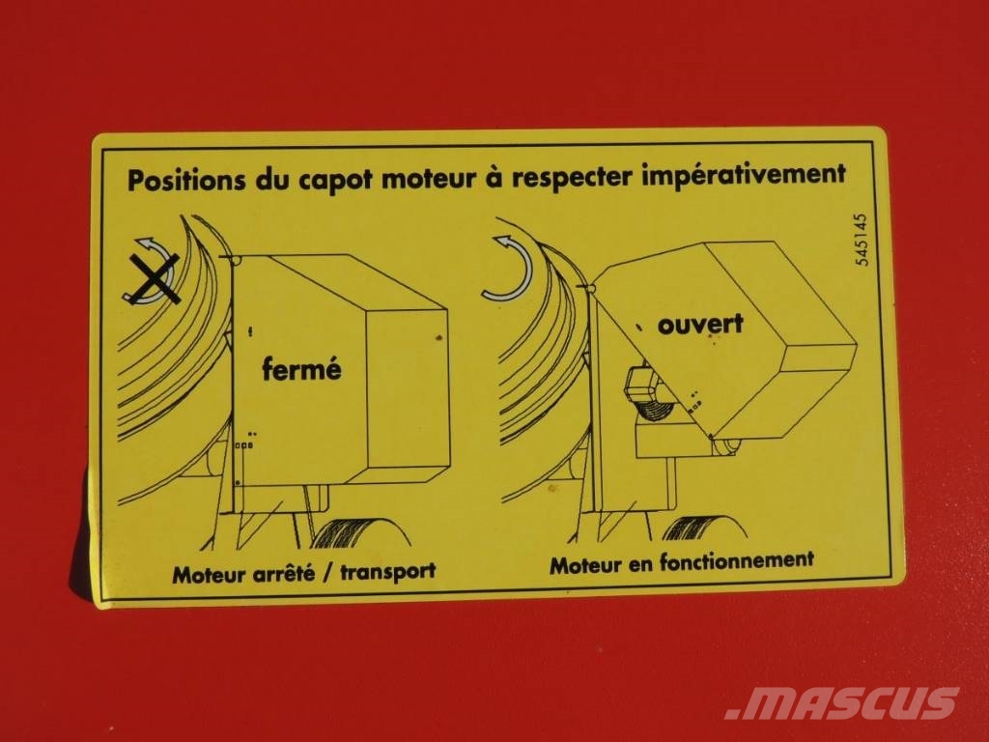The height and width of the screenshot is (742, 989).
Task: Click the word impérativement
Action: click(745, 174)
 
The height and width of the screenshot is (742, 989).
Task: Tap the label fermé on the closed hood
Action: click(301, 367)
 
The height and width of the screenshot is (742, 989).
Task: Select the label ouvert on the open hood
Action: click(701, 324)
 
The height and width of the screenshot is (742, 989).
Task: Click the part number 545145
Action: click(862, 240)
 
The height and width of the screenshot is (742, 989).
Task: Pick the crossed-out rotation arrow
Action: click(153, 272)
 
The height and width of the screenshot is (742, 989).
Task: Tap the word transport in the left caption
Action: click(388, 572)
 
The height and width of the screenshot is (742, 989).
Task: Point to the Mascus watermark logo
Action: click(842, 702)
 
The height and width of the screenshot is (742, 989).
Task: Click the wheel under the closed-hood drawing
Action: click(359, 533)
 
